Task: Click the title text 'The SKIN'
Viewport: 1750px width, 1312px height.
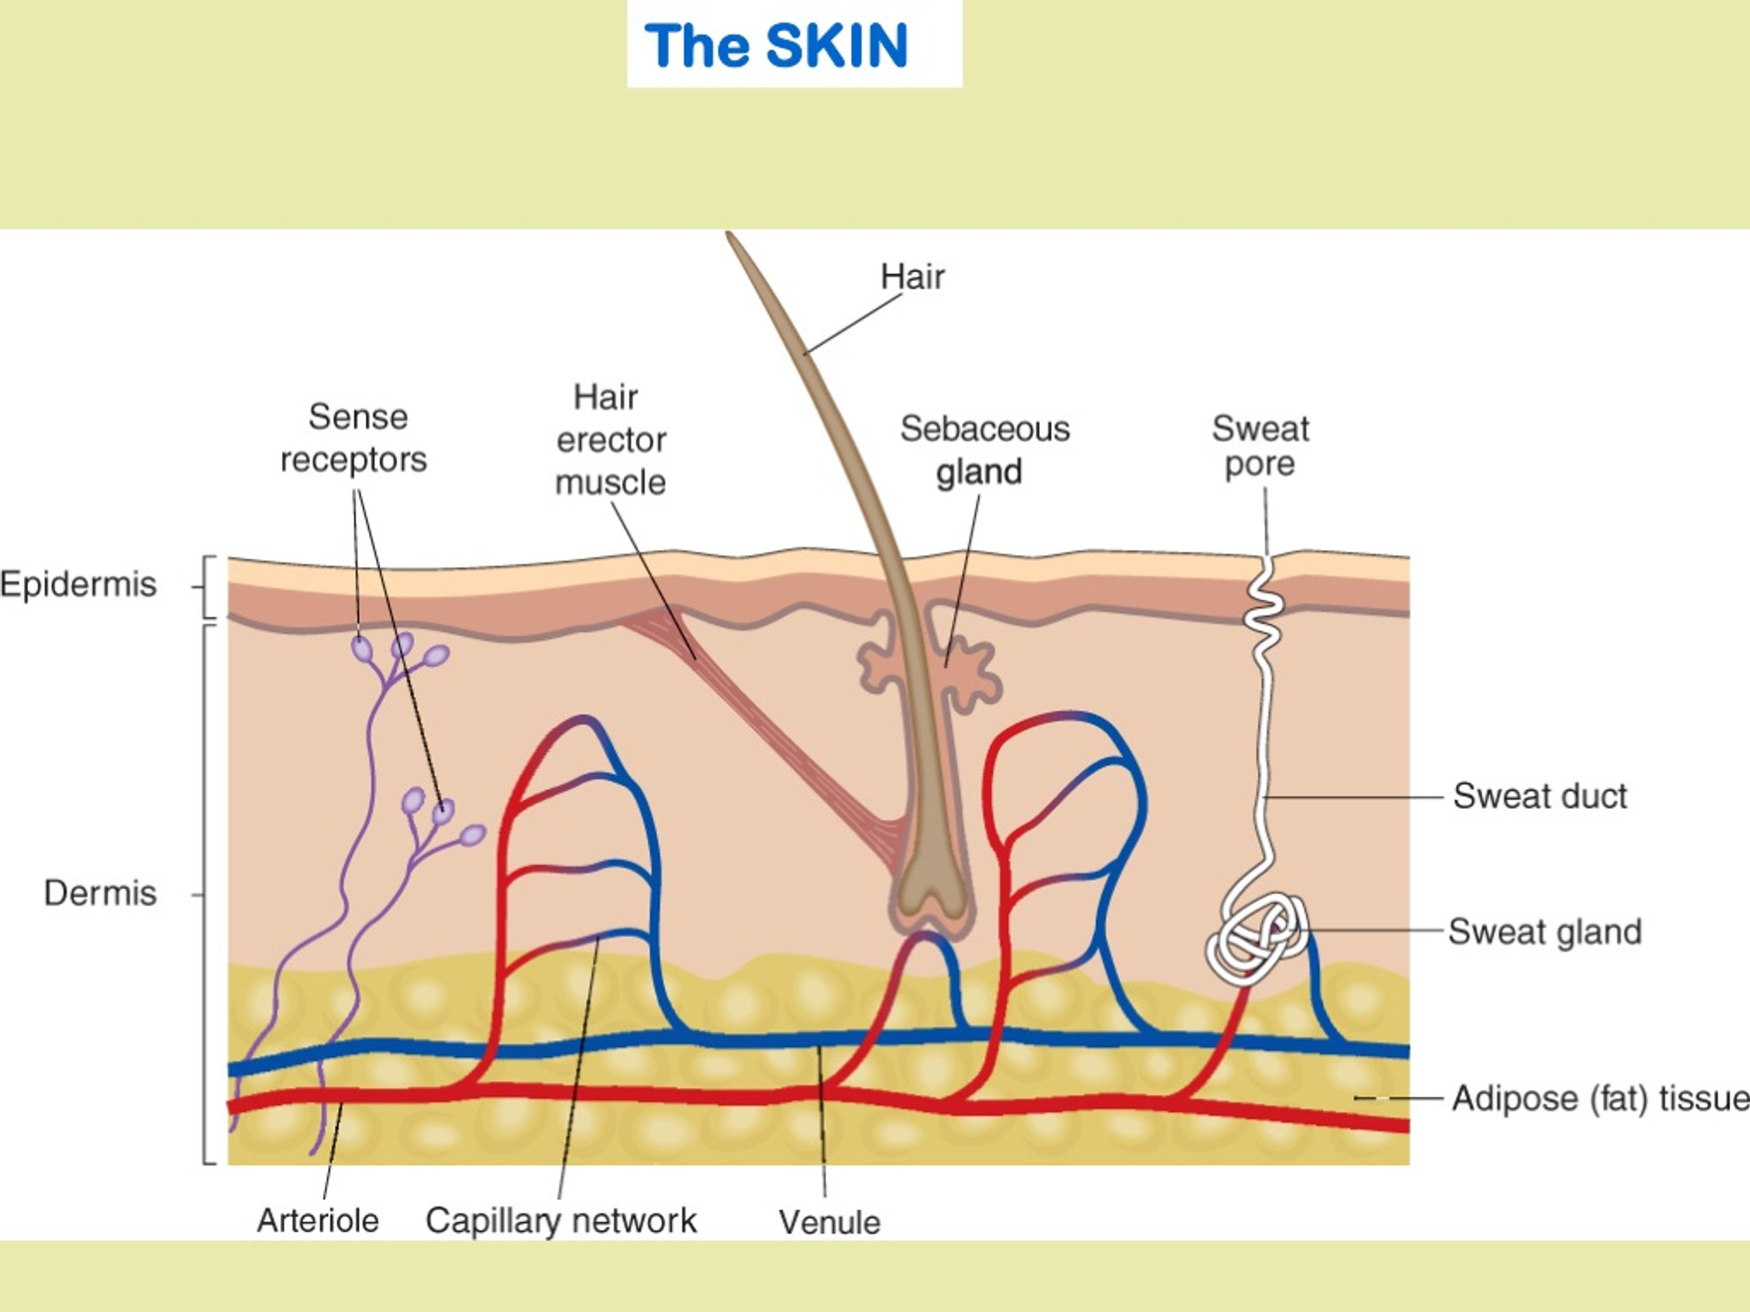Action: click(776, 46)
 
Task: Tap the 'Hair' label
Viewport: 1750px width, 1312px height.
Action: click(912, 277)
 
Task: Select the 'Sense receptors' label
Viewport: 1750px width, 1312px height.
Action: click(353, 437)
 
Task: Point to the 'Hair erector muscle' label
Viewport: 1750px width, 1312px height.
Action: click(610, 439)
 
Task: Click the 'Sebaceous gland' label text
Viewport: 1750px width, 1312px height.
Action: click(984, 450)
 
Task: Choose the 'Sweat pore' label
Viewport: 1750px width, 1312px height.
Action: click(1261, 446)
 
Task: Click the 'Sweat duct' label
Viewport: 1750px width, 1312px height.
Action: click(1539, 795)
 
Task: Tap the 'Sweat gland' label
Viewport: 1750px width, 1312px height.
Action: click(1544, 931)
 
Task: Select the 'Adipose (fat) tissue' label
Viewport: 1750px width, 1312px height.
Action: click(1600, 1099)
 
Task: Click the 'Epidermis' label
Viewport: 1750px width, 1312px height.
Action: click(79, 585)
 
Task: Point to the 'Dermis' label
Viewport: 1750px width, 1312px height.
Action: click(100, 893)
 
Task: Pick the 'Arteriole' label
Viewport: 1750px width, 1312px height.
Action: click(317, 1220)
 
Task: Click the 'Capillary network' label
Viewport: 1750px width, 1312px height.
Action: click(561, 1221)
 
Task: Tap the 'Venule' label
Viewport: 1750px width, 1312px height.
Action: click(829, 1222)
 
